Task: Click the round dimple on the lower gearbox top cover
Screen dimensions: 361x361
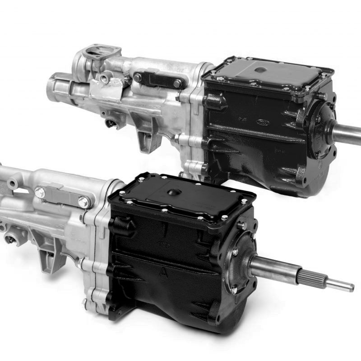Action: pos(173,193)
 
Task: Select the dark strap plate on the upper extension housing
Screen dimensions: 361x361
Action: pos(158,80)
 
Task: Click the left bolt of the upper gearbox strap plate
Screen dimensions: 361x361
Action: pos(138,78)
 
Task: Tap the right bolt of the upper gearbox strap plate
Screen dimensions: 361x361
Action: pos(178,83)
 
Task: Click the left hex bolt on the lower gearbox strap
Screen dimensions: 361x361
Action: pos(40,191)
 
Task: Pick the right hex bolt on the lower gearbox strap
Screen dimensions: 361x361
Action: pos(83,202)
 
